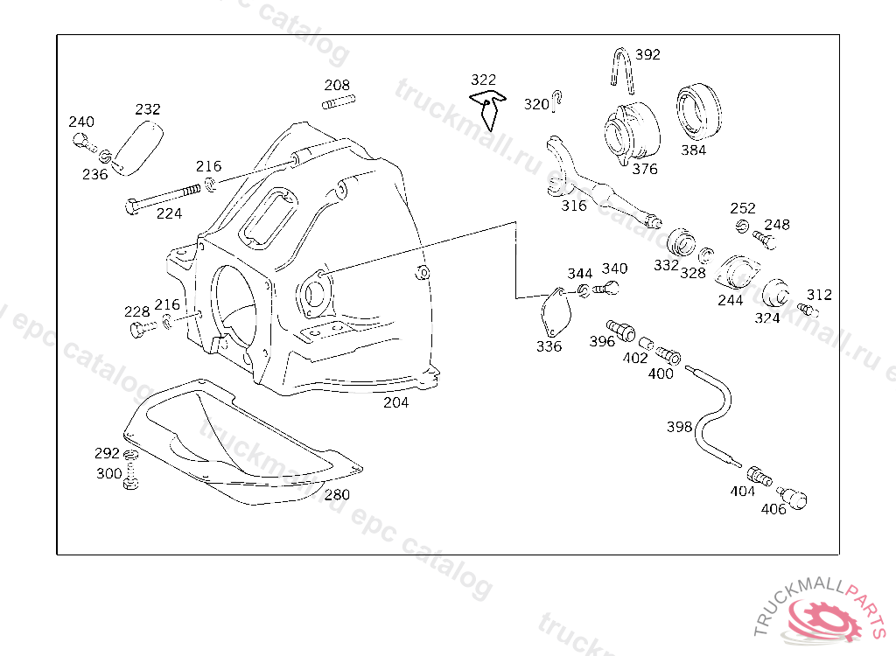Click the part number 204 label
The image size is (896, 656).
point(396,402)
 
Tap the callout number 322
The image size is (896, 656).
point(483,80)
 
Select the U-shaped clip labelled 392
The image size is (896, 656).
point(622,70)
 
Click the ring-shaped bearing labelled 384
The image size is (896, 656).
point(698,112)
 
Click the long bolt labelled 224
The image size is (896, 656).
point(163,197)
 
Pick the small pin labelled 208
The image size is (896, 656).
point(339,101)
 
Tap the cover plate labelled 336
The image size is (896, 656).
point(556,312)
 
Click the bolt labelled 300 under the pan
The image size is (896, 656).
point(131,477)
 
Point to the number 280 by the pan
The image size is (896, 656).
point(337,494)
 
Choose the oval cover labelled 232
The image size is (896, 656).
point(137,148)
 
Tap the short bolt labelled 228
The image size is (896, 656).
point(143,329)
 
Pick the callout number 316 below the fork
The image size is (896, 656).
point(574,206)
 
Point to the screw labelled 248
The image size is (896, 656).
point(765,240)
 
